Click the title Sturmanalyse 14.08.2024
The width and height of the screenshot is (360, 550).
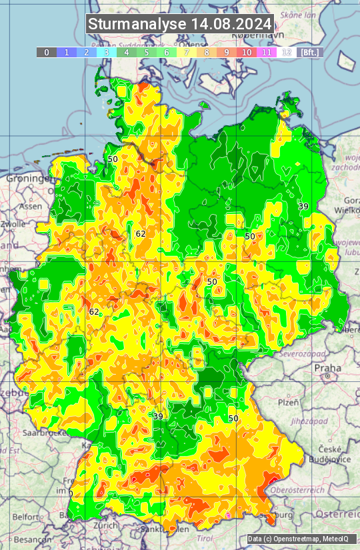coord(180,24)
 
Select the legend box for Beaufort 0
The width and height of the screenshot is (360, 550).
coord(46,52)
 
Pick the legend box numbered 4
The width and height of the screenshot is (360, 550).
coord(127,52)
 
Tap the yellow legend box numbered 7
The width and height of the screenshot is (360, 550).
coord(187,52)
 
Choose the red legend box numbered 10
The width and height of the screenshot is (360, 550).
coord(247,52)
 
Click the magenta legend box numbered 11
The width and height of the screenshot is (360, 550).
coord(267,52)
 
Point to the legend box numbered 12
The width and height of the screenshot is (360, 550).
coord(287,52)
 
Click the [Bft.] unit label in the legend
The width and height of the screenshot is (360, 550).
coord(310,52)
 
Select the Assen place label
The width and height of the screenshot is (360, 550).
coord(29,207)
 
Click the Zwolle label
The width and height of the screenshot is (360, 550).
coord(13,224)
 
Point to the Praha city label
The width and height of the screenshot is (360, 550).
coord(328,367)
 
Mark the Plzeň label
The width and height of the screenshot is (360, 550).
coord(287,403)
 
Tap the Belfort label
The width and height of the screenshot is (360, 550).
coord(25,517)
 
